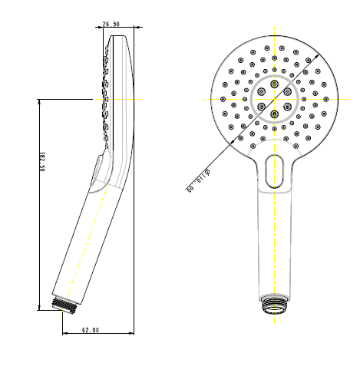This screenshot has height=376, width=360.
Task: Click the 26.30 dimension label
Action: [x=111, y=24]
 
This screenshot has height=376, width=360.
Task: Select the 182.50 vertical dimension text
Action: [x=42, y=162]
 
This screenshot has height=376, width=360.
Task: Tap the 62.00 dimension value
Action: [x=91, y=330]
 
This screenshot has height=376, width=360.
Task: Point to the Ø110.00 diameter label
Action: [x=198, y=180]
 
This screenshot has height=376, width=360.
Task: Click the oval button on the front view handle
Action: [x=275, y=171]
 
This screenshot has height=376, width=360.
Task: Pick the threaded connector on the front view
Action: [x=274, y=304]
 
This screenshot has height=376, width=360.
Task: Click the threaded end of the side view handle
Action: [x=64, y=305]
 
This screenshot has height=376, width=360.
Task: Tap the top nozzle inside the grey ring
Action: [x=275, y=84]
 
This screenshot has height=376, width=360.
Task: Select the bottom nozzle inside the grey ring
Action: [x=275, y=114]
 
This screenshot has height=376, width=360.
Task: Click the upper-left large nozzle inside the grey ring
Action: [x=262, y=91]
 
